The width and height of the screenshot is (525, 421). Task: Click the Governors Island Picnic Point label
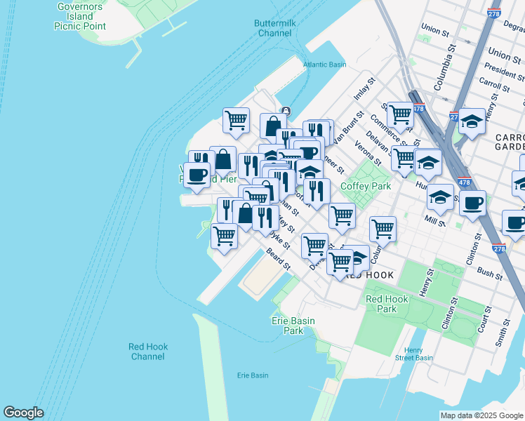click(x=80, y=16)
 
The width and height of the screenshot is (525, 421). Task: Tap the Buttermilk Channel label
click(x=274, y=28)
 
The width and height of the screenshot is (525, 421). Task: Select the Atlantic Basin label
click(x=324, y=65)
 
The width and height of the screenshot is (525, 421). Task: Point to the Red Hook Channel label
click(x=148, y=352)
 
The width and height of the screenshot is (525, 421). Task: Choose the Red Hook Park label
click(x=386, y=304)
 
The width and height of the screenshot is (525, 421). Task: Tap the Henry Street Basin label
click(x=413, y=354)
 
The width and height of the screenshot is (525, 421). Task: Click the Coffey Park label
click(x=365, y=186)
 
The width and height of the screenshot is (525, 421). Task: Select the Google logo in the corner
click(x=23, y=413)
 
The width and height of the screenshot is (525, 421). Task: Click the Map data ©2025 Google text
click(x=481, y=415)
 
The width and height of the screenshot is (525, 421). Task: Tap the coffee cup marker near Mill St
click(x=473, y=202)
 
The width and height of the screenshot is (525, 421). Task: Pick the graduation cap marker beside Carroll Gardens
click(x=472, y=121)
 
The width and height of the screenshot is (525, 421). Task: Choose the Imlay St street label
click(x=365, y=92)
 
